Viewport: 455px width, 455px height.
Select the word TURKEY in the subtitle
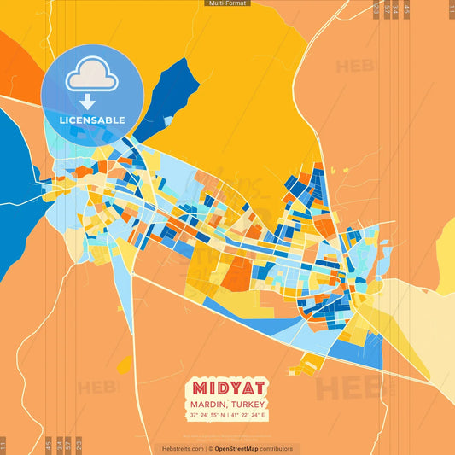coord(248,404)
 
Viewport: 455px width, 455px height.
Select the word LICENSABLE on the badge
coord(92,120)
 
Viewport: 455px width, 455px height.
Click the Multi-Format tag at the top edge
coord(227,3)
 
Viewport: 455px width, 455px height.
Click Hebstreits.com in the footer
coord(182,448)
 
